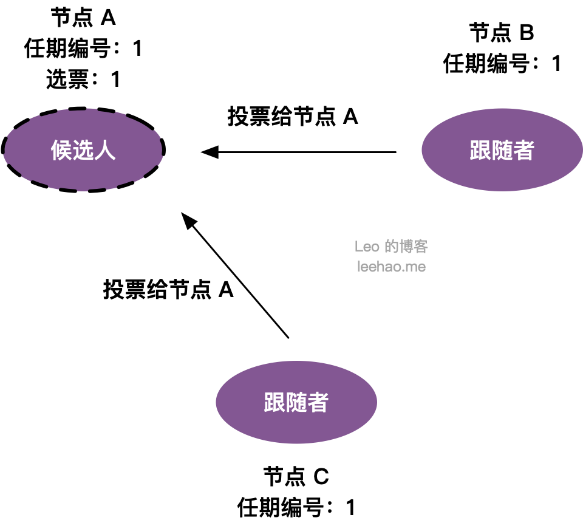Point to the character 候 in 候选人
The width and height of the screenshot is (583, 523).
(61, 150)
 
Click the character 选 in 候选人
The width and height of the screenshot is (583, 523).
(83, 150)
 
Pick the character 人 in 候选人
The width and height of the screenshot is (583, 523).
(105, 150)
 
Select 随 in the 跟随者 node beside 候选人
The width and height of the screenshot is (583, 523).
(502, 150)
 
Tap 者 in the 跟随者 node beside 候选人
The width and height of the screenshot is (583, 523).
(523, 150)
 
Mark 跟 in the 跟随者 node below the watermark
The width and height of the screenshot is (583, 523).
(274, 403)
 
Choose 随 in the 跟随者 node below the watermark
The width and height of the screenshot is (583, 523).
(296, 403)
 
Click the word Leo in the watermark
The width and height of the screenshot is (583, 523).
(367, 247)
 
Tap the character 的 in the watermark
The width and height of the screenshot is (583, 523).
(392, 247)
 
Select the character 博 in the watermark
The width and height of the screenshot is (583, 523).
(406, 247)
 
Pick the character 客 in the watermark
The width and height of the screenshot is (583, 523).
(421, 247)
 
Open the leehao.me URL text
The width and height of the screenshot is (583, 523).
(391, 266)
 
